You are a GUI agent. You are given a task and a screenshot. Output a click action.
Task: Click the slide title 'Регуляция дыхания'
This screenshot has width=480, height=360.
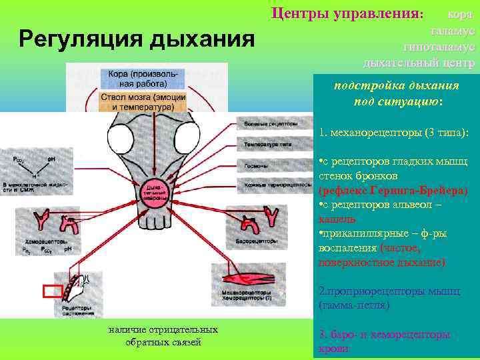137,39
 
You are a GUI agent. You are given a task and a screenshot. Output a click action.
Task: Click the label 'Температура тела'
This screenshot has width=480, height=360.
274,143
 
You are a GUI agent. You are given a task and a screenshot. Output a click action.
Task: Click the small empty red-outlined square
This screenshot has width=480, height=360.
52,291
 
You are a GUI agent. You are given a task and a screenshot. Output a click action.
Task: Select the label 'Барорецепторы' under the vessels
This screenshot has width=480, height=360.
257,239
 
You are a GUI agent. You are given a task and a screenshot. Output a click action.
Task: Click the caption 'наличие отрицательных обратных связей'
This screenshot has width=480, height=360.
163,336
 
